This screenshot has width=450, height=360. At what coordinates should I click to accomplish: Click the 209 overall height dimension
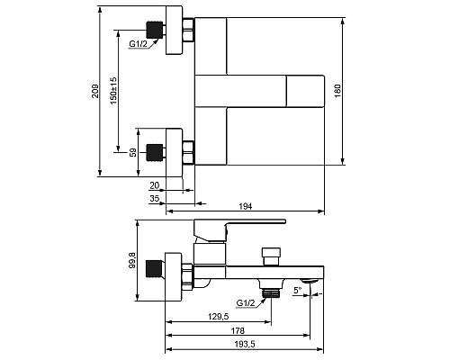point(95,91)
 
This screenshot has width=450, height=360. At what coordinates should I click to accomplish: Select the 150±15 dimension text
point(113,91)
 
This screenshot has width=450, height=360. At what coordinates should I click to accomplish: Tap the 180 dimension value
point(337,91)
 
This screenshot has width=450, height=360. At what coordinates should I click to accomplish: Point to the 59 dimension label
point(133,152)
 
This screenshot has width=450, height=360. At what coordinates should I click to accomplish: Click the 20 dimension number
point(155,185)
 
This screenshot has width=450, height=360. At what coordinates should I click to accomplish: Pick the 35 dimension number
point(155,199)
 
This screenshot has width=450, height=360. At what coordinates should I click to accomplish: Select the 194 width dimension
point(246,206)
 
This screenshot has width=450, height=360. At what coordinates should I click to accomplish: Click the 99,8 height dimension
point(132,260)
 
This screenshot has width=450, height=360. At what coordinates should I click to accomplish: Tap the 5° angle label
point(298,290)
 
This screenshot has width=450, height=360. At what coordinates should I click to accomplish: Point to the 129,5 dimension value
point(219,317)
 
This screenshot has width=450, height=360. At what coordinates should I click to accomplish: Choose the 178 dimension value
point(238,331)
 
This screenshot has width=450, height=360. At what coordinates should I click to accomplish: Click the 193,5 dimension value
point(245,345)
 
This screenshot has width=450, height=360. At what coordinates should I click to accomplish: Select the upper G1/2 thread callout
point(139,44)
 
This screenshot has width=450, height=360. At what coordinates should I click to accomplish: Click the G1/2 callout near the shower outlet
point(246,303)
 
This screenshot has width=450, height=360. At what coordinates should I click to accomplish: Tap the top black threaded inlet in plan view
point(155,30)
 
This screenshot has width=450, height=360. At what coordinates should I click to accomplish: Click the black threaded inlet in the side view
point(154,268)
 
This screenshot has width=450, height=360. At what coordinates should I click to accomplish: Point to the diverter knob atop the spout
point(271,256)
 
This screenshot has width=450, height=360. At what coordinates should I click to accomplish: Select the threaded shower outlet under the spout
point(272,292)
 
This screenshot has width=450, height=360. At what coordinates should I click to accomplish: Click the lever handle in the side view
point(239,230)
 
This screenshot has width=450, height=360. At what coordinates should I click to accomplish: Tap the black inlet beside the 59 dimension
point(155,152)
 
